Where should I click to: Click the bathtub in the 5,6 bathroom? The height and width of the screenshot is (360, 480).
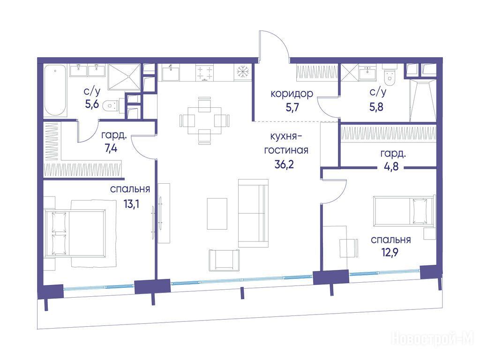tap(55, 90)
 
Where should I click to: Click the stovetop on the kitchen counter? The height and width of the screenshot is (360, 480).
tap(205, 72)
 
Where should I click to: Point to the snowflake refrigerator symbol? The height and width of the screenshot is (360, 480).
tap(243, 72)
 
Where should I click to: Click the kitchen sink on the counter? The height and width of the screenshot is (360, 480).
tap(171, 73)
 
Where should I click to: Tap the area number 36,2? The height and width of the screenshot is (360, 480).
tap(284, 165)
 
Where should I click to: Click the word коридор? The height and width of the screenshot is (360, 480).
tap(292, 93)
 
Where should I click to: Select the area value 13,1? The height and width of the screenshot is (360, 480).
tap(131, 204)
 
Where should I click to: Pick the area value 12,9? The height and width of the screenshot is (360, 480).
tap(390, 253)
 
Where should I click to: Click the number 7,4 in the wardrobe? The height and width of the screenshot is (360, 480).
tap(111, 149)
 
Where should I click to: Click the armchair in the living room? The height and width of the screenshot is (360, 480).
tap(224, 260)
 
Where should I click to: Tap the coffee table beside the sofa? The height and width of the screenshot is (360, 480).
tap(217, 214)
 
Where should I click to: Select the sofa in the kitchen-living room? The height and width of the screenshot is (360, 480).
tap(253, 213)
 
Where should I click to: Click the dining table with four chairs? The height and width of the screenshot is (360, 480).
tap(204, 120)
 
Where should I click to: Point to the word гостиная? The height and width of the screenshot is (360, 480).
tap(286, 150)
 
